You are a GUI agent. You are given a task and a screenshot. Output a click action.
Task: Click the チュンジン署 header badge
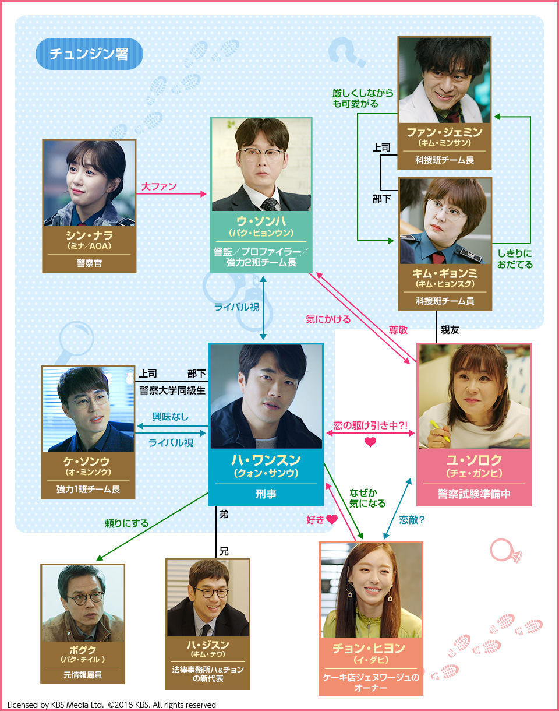(89, 54)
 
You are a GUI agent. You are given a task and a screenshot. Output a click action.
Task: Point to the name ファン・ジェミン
(444, 132)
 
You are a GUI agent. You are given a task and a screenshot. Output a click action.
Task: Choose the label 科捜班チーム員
(444, 301)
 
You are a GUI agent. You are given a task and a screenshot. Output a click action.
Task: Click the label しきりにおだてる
(515, 259)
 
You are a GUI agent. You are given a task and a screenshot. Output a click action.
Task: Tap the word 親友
(450, 330)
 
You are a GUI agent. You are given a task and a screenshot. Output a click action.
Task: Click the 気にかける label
(328, 319)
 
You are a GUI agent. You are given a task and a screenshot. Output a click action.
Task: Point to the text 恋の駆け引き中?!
(370, 425)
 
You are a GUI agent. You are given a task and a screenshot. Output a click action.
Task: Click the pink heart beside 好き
(332, 519)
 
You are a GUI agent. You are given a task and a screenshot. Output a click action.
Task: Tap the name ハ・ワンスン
(266, 460)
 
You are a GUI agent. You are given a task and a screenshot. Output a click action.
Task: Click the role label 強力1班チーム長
(88, 489)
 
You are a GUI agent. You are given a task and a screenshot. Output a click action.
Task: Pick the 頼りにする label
(126, 523)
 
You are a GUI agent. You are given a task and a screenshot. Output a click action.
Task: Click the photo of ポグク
(83, 603)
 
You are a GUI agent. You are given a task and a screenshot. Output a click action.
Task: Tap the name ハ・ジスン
(208, 645)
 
